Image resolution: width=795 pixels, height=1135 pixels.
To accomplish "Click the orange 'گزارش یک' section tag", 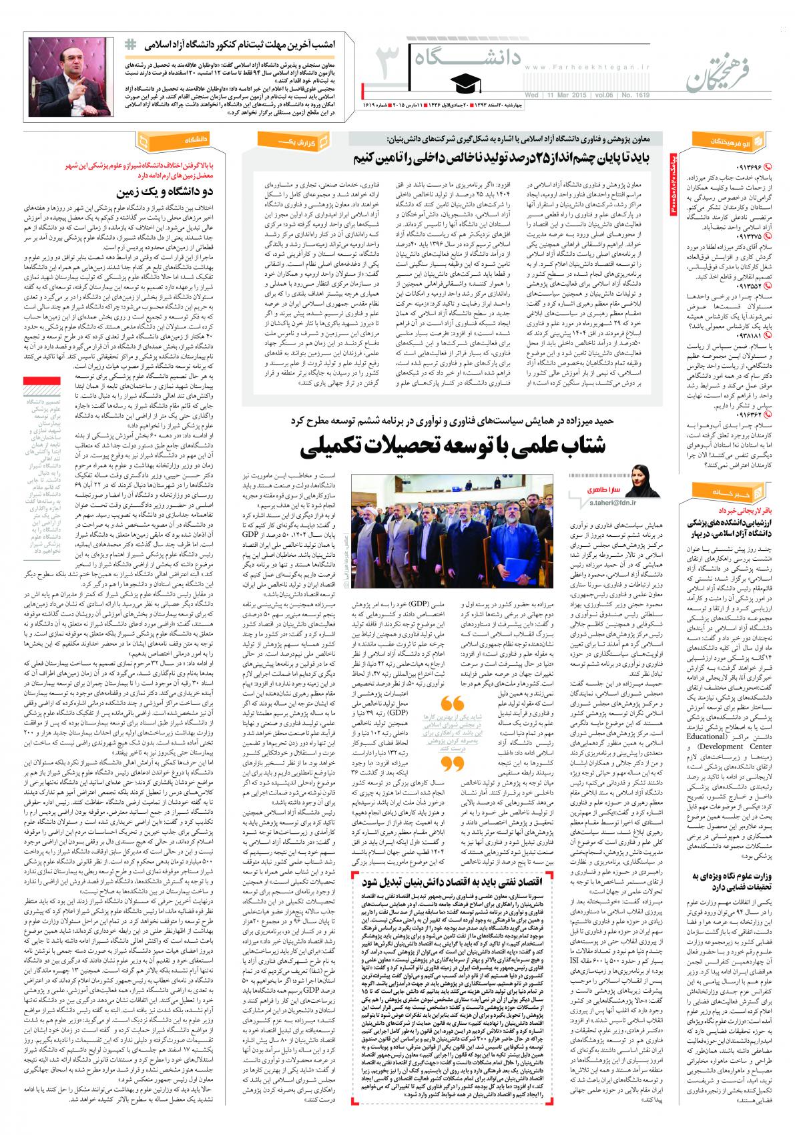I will (x=304, y=142).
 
